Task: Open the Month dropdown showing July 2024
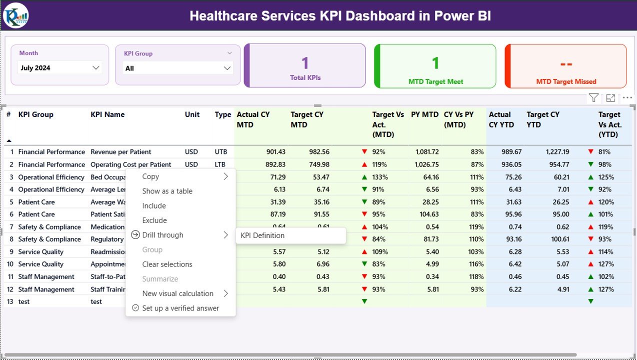coord(59,68)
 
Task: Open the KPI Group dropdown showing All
coord(177,68)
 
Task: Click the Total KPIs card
coord(305,66)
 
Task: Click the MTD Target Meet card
coord(435,66)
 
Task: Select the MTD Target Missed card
coord(566,66)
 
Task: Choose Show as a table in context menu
coord(167,191)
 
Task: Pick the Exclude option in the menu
coord(154,220)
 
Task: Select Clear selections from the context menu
coord(167,264)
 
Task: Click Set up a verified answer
coord(180,308)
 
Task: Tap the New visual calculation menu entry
coord(177,293)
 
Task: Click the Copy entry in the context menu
coord(150,176)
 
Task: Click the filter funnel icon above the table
coord(593,98)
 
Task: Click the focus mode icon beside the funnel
coord(610,98)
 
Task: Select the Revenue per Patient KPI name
coord(120,152)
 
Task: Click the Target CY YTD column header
coord(543,119)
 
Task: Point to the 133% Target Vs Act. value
coord(380,177)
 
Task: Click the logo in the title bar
coord(16,15)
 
